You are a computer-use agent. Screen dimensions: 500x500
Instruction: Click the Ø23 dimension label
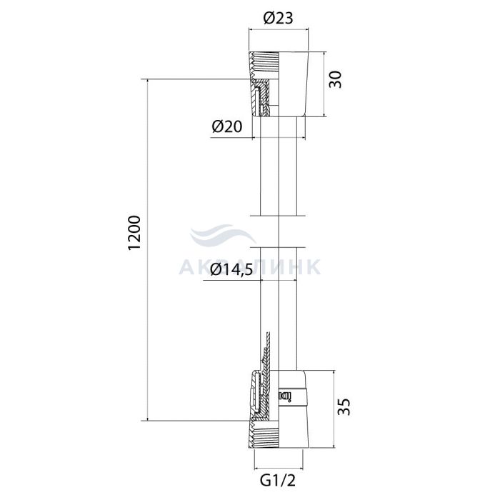click(x=278, y=18)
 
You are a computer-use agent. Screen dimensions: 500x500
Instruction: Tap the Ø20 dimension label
click(x=227, y=126)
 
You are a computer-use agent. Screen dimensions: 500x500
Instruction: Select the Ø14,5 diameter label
click(x=232, y=270)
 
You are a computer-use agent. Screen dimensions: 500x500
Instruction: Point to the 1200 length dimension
click(x=134, y=233)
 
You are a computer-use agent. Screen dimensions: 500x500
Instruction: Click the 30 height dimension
click(x=336, y=80)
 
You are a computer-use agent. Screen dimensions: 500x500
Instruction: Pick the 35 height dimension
click(x=344, y=406)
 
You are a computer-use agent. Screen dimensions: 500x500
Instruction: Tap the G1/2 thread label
click(x=278, y=481)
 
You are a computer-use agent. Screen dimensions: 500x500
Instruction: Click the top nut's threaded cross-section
click(x=264, y=84)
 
